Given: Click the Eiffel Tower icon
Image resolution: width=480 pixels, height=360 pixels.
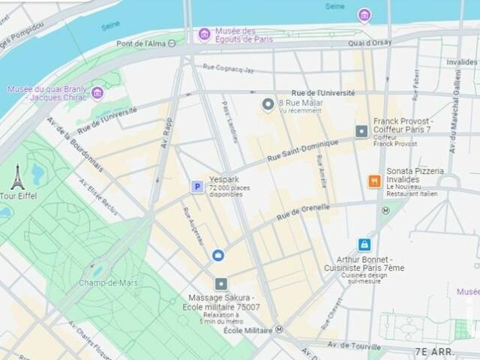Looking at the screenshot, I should point(17,177).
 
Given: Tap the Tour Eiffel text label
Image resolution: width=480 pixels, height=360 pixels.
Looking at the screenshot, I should point(18,196).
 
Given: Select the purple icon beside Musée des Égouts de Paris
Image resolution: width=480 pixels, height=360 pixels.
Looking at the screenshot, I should point(204,34).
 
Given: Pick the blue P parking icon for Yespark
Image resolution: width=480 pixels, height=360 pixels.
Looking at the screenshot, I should point(196,187).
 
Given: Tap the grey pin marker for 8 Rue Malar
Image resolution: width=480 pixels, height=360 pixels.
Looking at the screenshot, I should point(268,104).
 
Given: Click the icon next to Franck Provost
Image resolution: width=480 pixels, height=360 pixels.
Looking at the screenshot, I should point(361,131).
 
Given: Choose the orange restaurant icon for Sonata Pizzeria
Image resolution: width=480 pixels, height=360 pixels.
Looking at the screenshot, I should point(373,181).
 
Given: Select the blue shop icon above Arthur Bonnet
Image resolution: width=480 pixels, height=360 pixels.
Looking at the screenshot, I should point(364,244).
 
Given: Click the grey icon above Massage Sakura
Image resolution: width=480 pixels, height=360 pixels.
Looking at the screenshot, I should point(220,283).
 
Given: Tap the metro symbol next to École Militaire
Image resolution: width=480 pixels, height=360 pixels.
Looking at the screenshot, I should point(279,329).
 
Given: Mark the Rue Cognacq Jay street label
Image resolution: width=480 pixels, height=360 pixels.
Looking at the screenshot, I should point(228,69).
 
